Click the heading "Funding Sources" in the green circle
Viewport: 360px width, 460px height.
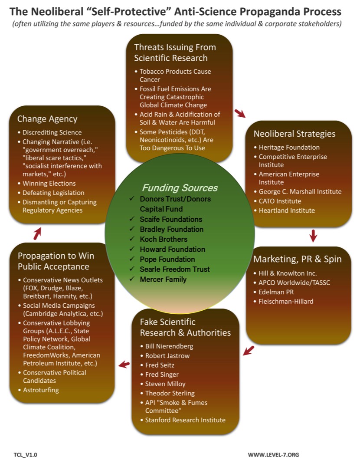tap(179, 188)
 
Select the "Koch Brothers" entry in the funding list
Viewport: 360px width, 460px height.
tap(164, 239)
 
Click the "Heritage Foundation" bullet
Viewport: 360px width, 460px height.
tap(289, 147)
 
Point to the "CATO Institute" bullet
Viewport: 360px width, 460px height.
tap(280, 201)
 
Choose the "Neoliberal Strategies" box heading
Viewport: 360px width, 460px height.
tap(294, 134)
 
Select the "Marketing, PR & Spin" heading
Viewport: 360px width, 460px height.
tap(297, 259)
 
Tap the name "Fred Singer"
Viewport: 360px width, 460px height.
tap(162, 374)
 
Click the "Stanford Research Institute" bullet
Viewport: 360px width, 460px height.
tap(185, 420)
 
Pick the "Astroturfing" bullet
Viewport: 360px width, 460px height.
tap(41, 390)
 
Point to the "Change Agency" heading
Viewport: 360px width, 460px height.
tap(47, 118)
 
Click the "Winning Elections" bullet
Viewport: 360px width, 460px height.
tap(49, 183)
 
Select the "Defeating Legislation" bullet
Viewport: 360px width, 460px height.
tap(53, 193)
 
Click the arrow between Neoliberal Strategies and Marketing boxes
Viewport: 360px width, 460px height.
tap(313, 236)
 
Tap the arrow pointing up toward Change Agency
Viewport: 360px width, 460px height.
tap(38, 234)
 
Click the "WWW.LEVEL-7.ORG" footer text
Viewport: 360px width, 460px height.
tap(273, 454)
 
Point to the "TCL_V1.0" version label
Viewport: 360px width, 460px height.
tap(26, 454)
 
